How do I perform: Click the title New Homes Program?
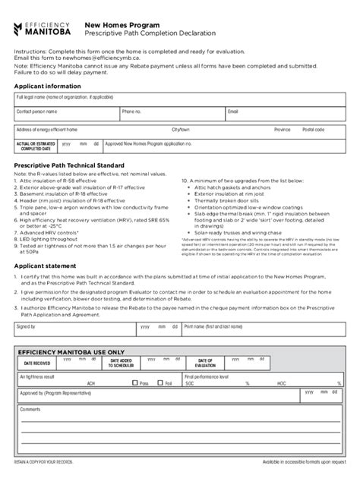(x=117, y=24)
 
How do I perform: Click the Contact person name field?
(x=65, y=115)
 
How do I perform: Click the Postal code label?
(x=313, y=130)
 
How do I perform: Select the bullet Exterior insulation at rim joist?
(x=227, y=193)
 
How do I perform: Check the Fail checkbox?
(x=159, y=383)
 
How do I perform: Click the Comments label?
(x=30, y=409)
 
